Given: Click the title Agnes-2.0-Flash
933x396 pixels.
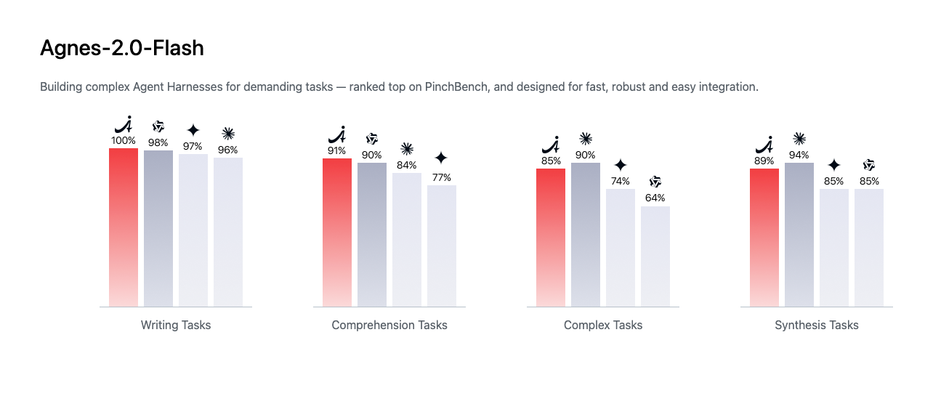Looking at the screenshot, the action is coord(121,48).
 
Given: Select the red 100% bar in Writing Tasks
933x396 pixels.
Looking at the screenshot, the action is coord(124,227).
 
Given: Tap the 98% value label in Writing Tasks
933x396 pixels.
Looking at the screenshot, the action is coord(158,143).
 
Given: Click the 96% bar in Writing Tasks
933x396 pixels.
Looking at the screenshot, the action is coord(228,232).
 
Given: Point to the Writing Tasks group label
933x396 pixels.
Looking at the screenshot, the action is coord(176,325).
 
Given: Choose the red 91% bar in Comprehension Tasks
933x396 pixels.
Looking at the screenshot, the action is coord(337,233).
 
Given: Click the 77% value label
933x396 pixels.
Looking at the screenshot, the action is coord(442,178).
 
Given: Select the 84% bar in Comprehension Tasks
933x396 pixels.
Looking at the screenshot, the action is coord(407,240).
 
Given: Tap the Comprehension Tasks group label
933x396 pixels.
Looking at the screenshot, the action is coord(389,325).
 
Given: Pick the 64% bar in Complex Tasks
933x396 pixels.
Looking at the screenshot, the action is coord(655,256).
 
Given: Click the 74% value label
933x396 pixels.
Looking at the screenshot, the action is coord(621,181).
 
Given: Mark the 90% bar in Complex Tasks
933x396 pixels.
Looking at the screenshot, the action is coord(586,235).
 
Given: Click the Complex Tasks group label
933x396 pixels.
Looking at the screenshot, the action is coord(603,325).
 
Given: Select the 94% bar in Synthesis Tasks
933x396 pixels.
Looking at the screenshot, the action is coord(799,235).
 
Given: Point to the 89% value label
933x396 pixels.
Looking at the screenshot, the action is coord(764,161).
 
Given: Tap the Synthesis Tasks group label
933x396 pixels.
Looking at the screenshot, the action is coord(817,325).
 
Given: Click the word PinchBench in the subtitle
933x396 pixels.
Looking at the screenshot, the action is coord(456,86).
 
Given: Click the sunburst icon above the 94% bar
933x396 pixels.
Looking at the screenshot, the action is coord(799,139).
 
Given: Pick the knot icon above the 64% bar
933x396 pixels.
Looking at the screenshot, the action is coord(655,182).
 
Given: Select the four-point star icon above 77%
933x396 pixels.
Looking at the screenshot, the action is coord(441,158).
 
